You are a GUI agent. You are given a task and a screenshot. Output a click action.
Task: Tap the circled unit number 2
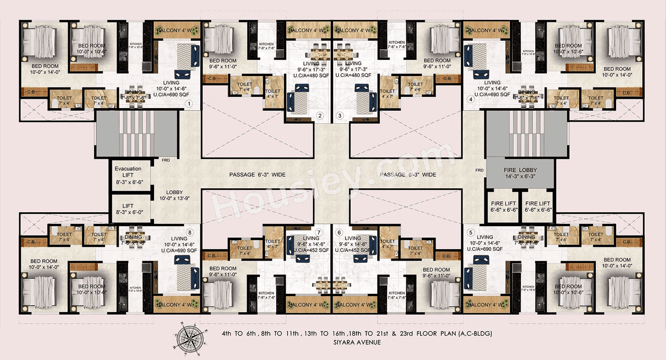pos(321,115)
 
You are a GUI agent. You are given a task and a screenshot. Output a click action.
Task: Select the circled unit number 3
pos(340,115)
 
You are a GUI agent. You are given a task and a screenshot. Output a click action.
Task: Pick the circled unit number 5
pos(470,233)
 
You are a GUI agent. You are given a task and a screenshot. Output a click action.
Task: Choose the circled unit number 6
pos(340,233)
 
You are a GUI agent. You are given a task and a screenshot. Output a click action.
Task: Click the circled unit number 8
pos(190,233)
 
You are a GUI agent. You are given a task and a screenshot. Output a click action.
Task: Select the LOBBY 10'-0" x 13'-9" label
pos(174,195)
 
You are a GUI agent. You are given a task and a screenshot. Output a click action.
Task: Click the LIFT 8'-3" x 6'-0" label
pos(128,209)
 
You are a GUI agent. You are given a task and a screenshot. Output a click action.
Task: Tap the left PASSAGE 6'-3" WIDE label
pos(257,175)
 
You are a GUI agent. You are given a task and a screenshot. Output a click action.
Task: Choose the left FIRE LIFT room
pos(502,207)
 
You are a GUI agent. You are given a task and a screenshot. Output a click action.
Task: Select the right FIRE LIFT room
pos(538,207)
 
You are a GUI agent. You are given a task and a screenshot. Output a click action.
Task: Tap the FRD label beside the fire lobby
pos(479,170)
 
